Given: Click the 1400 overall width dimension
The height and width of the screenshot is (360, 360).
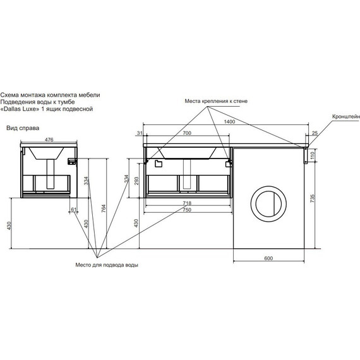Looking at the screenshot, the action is tap(229, 122).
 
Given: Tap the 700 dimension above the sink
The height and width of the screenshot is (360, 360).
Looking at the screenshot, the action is tap(187, 133).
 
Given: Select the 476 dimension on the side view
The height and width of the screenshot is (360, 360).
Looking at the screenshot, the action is tap(49, 140).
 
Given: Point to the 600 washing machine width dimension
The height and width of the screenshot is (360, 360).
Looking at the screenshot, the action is tap(268, 258).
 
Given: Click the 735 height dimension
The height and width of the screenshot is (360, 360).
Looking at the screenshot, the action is tap(313, 198).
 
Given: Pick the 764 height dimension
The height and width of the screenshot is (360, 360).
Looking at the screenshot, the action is tap(104, 208).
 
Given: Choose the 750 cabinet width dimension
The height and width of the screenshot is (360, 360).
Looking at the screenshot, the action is tap(187, 210).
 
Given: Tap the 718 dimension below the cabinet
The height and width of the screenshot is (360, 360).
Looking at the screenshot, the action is tap(187, 203).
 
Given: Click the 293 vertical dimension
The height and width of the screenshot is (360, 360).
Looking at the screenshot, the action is tap(136, 181).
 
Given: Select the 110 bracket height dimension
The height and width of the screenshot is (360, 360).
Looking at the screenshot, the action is tap(313, 155).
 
